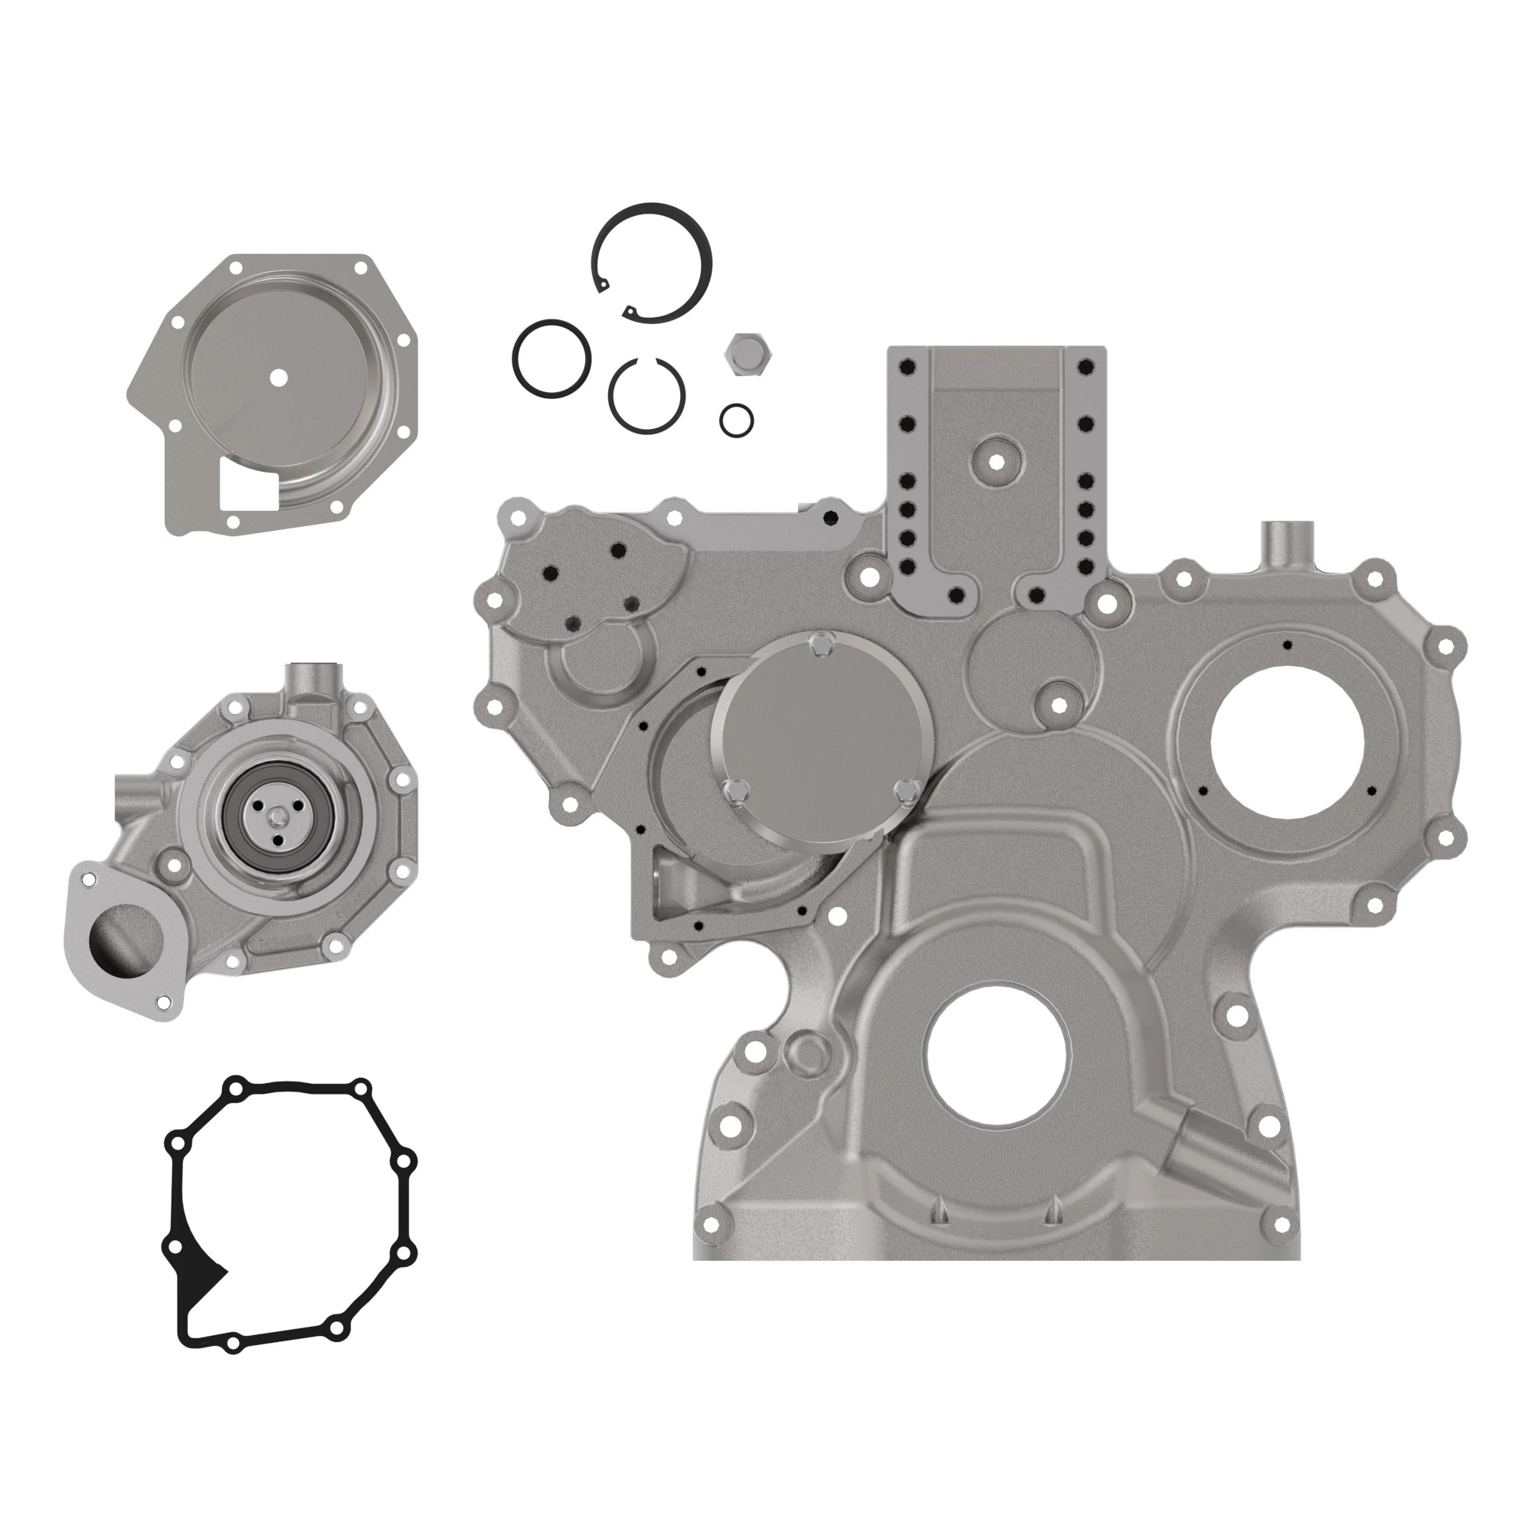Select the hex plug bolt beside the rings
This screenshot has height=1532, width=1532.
pyautogui.click(x=745, y=354)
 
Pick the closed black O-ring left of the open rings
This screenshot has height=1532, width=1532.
pyautogui.click(x=551, y=358)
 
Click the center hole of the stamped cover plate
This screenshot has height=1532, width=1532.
pyautogui.click(x=277, y=378)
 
